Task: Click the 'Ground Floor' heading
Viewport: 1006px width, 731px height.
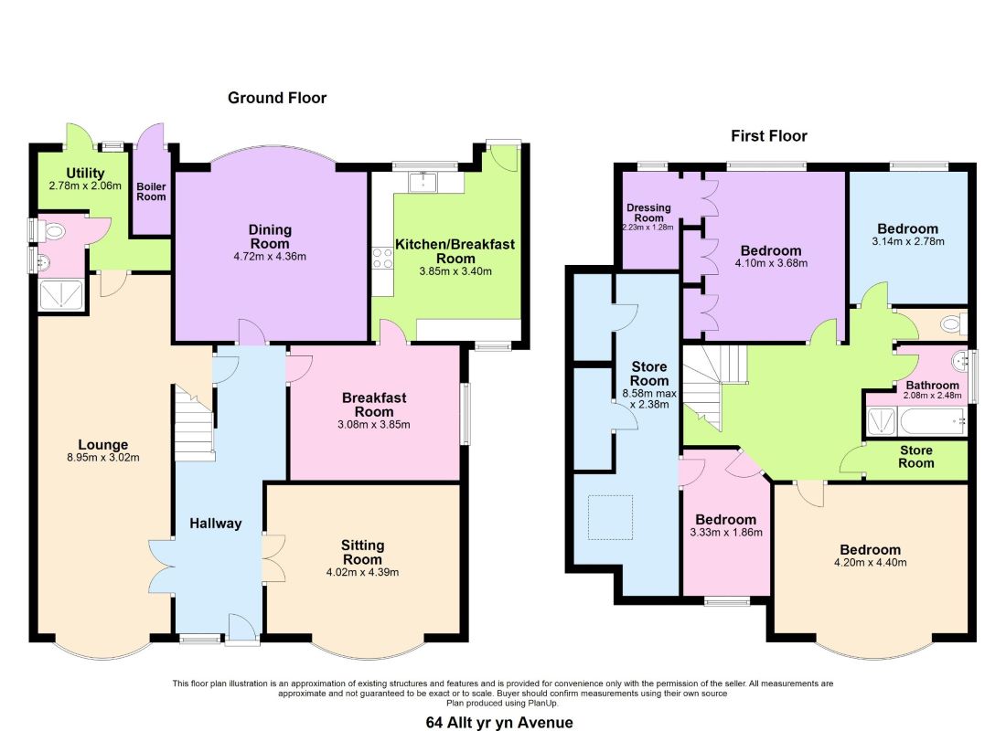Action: (x=277, y=98)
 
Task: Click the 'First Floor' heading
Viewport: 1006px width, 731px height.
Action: (x=768, y=136)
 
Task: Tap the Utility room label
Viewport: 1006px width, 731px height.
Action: (x=85, y=173)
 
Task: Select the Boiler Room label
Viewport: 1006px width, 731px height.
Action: (x=152, y=192)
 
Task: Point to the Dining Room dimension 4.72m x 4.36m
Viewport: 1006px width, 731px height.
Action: (x=270, y=257)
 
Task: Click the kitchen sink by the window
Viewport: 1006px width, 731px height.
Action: (x=423, y=182)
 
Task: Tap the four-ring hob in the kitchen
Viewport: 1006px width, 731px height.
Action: (x=383, y=259)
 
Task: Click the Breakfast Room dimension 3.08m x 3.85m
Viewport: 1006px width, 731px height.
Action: (x=373, y=425)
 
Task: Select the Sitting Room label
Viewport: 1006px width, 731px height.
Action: (x=362, y=552)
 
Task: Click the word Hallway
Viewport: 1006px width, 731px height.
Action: (x=216, y=524)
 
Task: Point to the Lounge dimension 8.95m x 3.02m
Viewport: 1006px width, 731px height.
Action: (x=102, y=458)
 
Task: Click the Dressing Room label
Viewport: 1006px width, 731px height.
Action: (x=648, y=212)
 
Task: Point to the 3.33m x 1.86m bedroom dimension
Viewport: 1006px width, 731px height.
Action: (x=726, y=532)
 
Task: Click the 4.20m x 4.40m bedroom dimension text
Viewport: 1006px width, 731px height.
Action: (x=870, y=562)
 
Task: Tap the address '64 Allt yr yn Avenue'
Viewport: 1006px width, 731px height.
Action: (x=499, y=723)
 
